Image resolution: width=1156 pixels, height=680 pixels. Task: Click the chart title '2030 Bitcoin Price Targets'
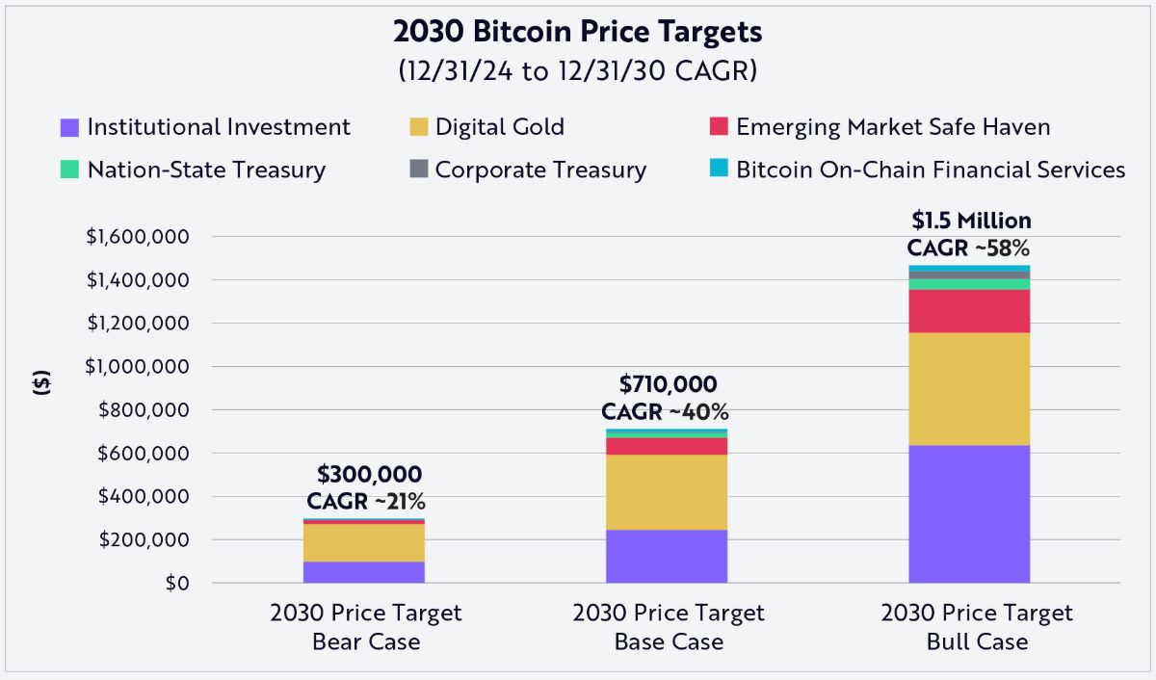pos(578,32)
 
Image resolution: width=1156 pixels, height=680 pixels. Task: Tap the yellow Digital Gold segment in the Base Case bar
pos(667,492)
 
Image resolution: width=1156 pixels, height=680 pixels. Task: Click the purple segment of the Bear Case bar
pos(364,572)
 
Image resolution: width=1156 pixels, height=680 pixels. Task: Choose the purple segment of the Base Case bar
pos(667,556)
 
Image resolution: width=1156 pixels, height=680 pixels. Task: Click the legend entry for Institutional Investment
pos(205,127)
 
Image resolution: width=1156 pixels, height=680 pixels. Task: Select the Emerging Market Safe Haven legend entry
pos(879,127)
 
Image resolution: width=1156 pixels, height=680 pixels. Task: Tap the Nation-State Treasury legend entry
pos(193,170)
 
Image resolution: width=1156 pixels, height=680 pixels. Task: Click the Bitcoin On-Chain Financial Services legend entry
pos(917,170)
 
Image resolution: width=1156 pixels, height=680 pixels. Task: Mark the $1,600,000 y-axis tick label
pos(137,237)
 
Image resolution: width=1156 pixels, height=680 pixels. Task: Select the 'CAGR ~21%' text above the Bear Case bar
pos(366,501)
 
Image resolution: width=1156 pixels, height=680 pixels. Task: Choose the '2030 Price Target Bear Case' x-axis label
pos(366,627)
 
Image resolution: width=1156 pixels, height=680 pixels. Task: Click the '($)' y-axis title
pos(41,382)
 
